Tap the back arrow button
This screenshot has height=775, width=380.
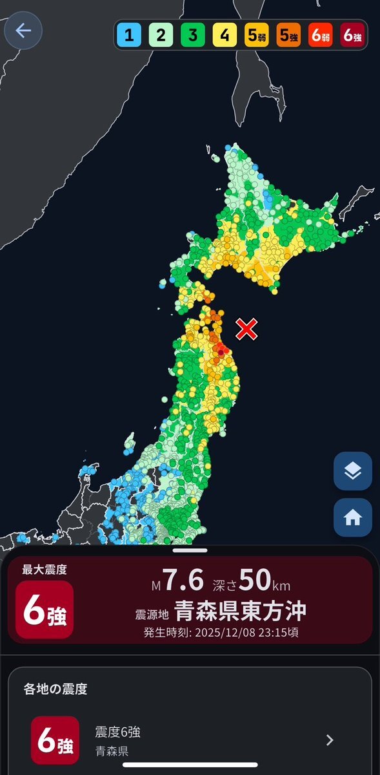click(23, 31)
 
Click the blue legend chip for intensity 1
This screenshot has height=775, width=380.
click(129, 36)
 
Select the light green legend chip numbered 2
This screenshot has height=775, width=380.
click(161, 36)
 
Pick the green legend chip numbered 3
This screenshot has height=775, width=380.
click(192, 36)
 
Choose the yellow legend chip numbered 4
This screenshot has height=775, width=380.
click(224, 36)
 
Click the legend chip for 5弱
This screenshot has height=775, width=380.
click(256, 36)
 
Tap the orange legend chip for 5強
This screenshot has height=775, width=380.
click(288, 36)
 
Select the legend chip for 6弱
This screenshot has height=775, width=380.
click(321, 36)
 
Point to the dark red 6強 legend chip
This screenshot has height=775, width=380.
click(352, 36)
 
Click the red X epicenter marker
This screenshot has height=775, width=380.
click(246, 329)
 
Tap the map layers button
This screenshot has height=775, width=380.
click(352, 471)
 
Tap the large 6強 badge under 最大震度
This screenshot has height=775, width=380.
click(45, 610)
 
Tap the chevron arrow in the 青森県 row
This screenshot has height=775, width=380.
click(330, 740)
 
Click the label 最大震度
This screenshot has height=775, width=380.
click(45, 569)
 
